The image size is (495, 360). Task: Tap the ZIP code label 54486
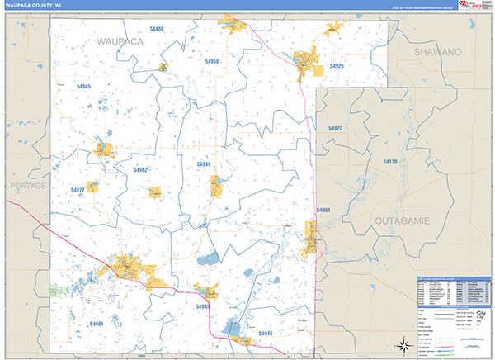(x=157, y=29)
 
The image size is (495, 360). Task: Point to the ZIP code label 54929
(x=336, y=65)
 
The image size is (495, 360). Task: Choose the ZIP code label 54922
(x=334, y=129)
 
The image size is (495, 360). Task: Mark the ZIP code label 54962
(x=140, y=170)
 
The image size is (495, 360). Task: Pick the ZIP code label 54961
(x=323, y=211)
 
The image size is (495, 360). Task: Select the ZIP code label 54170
(x=389, y=163)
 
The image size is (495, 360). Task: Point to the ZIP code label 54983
(x=203, y=307)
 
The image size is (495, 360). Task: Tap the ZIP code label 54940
(x=265, y=333)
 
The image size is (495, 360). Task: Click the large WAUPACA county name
(x=120, y=40)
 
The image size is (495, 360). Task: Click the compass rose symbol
(x=404, y=344)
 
